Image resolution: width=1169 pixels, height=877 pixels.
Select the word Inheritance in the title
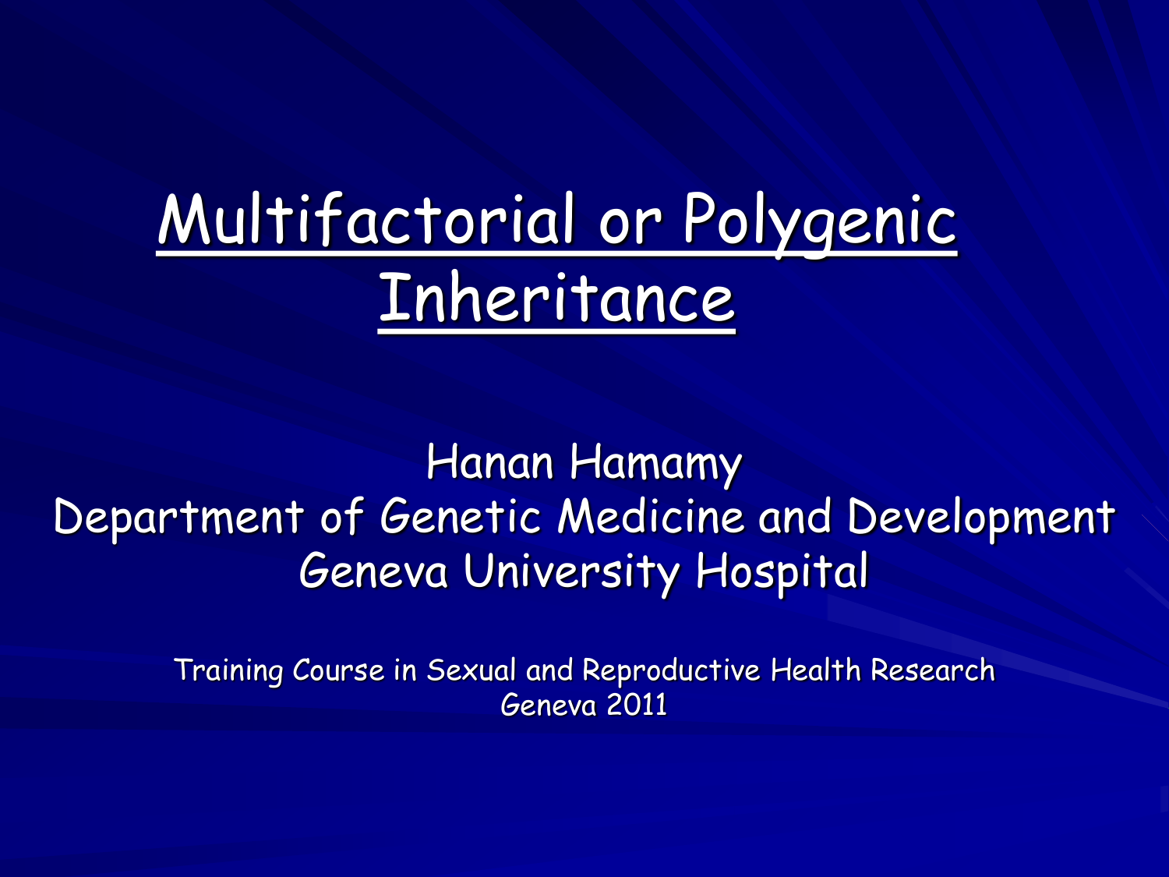(x=556, y=299)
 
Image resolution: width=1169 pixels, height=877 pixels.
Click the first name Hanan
(x=489, y=462)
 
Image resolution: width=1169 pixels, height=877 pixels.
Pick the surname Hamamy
(x=655, y=464)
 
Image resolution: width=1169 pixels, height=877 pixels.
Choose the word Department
(x=178, y=518)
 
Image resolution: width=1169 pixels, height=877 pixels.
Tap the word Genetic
(x=460, y=516)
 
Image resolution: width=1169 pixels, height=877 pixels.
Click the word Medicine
(x=652, y=516)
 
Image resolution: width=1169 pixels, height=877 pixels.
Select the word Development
(x=981, y=518)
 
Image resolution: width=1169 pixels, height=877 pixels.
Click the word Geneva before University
(x=374, y=571)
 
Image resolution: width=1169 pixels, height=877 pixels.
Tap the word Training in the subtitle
(x=228, y=670)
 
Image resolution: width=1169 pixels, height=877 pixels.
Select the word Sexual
(x=471, y=670)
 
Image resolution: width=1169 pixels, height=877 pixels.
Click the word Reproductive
(x=671, y=671)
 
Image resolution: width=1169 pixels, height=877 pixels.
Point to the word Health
(x=815, y=670)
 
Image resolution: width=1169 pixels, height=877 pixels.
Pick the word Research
(x=932, y=670)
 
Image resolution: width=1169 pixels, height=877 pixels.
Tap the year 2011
(x=637, y=705)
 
